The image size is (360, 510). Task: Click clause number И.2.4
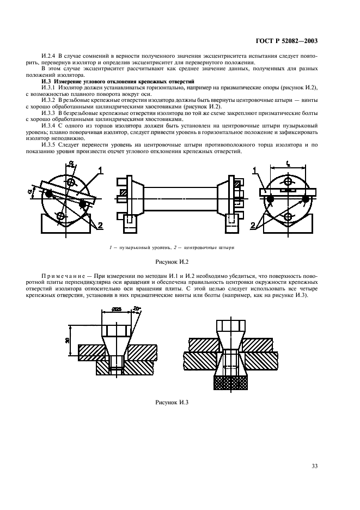[50, 56]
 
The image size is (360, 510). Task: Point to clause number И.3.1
[50, 87]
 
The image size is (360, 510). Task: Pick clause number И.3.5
[50, 145]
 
